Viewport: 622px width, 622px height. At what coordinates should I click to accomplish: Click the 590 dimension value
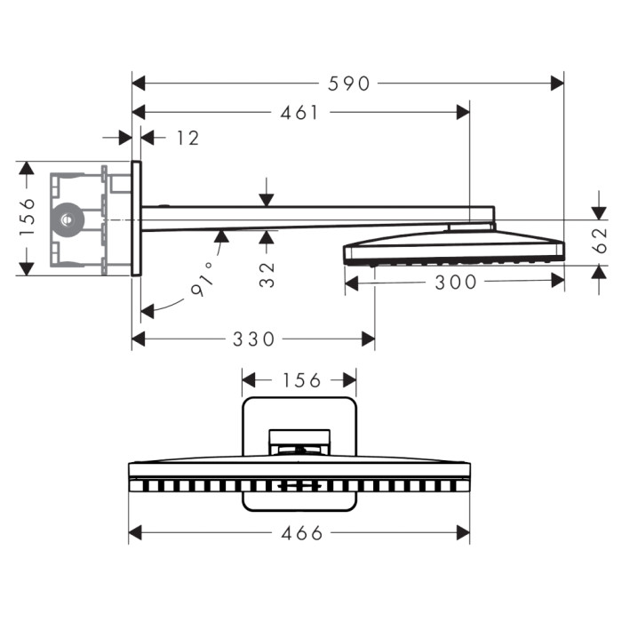pyautogui.click(x=348, y=84)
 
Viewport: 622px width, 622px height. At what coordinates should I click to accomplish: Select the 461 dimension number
pyautogui.click(x=299, y=113)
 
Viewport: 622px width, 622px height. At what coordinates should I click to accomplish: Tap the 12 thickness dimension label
pyautogui.click(x=187, y=138)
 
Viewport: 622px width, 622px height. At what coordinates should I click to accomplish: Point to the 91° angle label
pyautogui.click(x=203, y=279)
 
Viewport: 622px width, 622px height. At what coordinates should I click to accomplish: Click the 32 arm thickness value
pyautogui.click(x=267, y=274)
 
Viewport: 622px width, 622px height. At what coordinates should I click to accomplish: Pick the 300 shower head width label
pyautogui.click(x=455, y=283)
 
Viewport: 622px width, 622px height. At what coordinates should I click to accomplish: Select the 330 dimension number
pyautogui.click(x=253, y=339)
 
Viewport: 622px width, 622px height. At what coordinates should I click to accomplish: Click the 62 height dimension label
pyautogui.click(x=600, y=240)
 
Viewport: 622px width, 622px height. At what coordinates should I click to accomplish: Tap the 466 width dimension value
pyautogui.click(x=302, y=533)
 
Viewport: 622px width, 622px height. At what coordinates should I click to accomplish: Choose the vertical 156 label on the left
pyautogui.click(x=28, y=217)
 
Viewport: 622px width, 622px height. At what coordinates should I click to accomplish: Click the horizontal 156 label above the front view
pyautogui.click(x=301, y=380)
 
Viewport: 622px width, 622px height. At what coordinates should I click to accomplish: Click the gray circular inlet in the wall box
pyautogui.click(x=67, y=219)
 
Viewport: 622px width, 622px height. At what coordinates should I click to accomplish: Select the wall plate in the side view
pyautogui.click(x=136, y=219)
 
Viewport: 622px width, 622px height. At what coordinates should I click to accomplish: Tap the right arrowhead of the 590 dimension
pyautogui.click(x=557, y=84)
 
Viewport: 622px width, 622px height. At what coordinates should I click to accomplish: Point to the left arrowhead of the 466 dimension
pyautogui.click(x=135, y=533)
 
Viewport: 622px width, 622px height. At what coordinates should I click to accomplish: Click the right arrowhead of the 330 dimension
pyautogui.click(x=368, y=339)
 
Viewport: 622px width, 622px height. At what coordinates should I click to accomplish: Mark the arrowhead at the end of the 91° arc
pyautogui.click(x=148, y=311)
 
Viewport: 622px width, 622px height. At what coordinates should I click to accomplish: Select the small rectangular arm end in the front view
pyautogui.click(x=299, y=442)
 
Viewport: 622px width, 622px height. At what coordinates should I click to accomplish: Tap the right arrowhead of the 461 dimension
pyautogui.click(x=463, y=113)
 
